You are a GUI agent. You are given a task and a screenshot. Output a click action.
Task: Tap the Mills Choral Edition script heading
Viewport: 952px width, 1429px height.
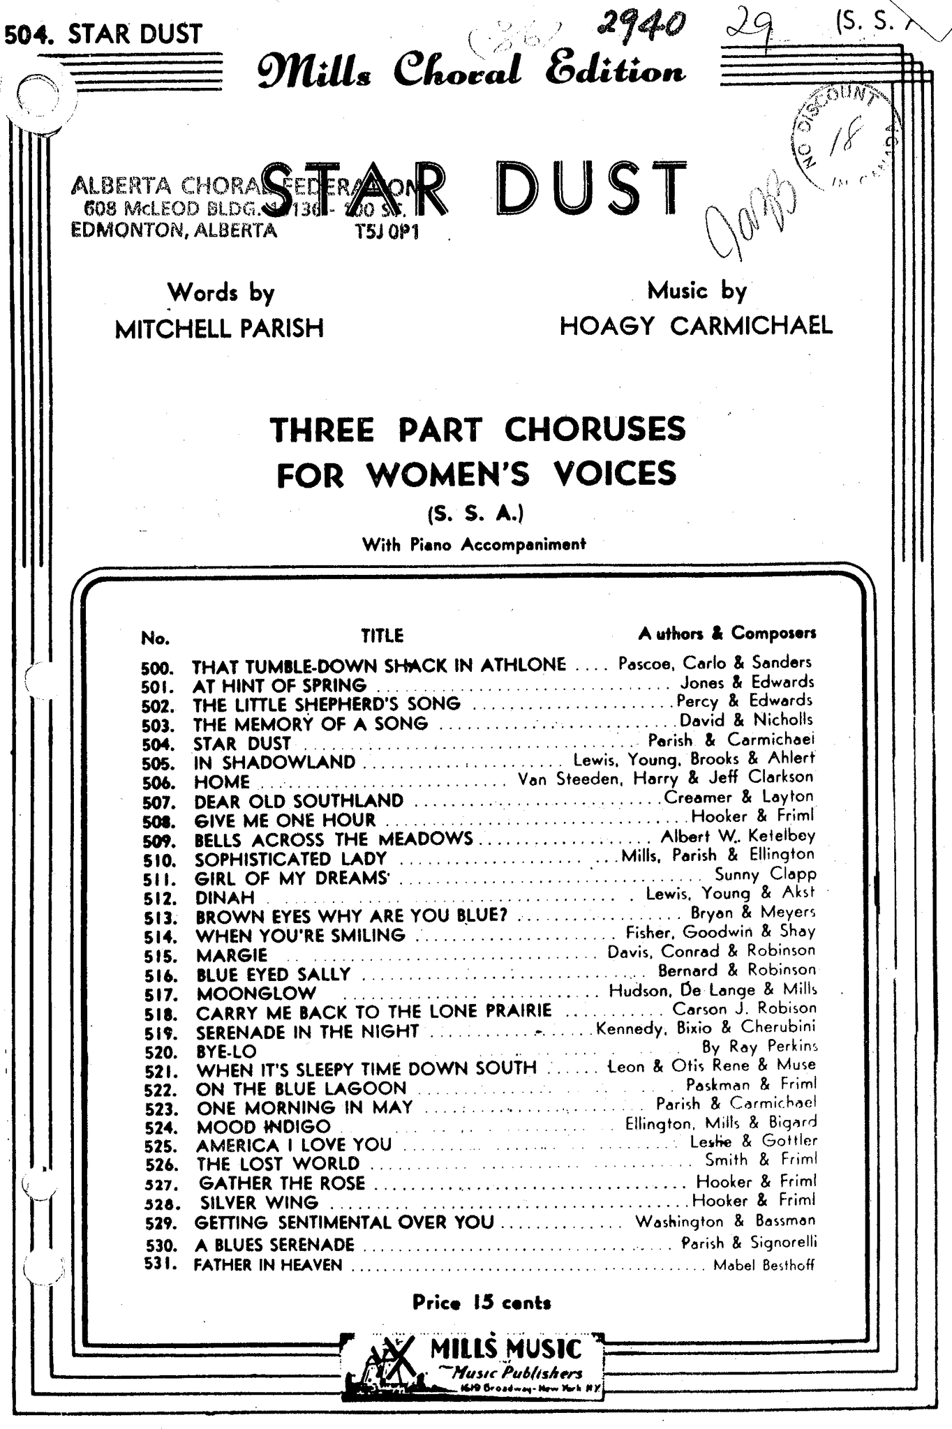[x=471, y=71]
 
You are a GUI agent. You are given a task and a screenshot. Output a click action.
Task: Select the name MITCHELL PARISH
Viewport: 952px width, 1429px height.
[x=219, y=328]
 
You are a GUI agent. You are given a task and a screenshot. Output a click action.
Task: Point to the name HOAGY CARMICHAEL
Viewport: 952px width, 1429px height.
[x=696, y=325]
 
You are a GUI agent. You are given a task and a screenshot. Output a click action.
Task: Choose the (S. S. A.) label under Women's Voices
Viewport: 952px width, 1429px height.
[x=475, y=514]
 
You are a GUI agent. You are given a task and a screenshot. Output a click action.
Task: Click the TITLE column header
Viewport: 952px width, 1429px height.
[x=382, y=635]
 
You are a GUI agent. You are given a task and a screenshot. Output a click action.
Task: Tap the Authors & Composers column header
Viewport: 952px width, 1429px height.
[x=727, y=633]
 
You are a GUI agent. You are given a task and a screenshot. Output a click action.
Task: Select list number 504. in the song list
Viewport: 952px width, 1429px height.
[x=157, y=745]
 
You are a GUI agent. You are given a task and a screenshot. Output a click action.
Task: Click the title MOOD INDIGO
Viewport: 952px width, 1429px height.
[x=263, y=1126]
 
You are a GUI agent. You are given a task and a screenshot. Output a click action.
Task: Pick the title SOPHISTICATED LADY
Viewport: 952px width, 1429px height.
[x=290, y=859]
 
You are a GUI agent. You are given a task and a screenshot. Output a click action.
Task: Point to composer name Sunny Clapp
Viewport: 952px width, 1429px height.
[x=765, y=874]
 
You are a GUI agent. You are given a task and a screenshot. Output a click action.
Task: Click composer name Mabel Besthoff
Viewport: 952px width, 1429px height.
[x=764, y=1265]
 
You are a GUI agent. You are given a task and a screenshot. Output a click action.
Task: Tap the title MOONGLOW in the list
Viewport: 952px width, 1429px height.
[x=256, y=993]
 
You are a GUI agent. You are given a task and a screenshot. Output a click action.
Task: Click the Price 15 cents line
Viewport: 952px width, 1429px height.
[x=482, y=1302]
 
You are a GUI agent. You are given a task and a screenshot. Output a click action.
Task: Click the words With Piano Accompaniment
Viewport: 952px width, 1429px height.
[x=474, y=544]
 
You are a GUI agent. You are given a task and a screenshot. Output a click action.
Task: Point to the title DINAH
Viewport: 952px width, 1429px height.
[x=225, y=897]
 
